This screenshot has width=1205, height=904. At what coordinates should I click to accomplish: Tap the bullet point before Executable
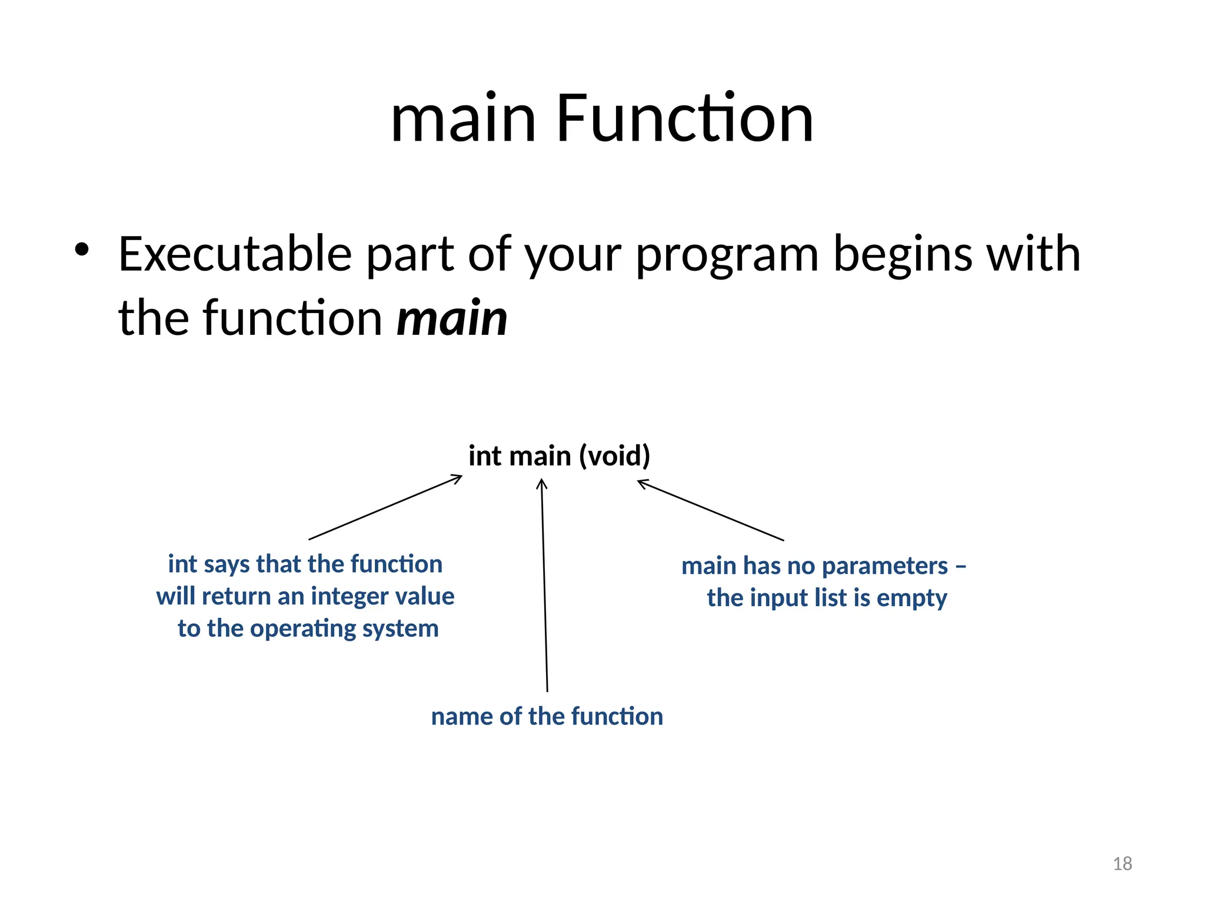coord(82,250)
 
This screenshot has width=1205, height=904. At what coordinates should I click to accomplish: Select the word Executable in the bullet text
coord(235,254)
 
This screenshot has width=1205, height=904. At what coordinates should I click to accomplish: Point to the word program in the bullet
coord(727,256)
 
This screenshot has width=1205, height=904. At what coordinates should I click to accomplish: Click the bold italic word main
coord(452,318)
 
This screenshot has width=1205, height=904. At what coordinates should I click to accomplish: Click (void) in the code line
coord(614,456)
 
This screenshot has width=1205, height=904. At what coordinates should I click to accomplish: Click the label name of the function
coord(547,716)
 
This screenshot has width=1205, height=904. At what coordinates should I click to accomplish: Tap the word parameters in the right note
coord(885,566)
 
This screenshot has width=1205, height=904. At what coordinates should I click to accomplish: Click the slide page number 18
coord(1122,863)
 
